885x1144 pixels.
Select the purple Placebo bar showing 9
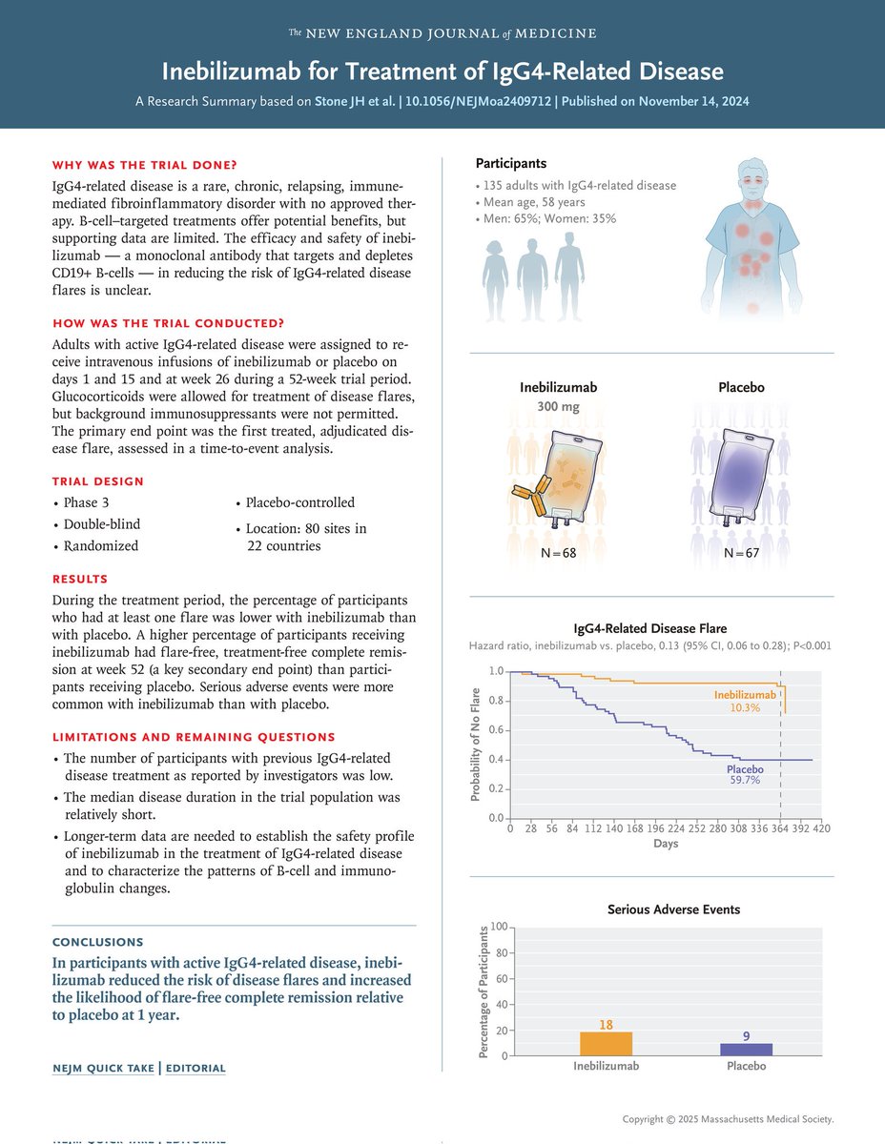[746, 1049]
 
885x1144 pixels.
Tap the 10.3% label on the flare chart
[745, 708]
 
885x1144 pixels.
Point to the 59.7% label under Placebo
[746, 779]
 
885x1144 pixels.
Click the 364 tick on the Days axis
[781, 829]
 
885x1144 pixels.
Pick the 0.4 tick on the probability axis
[496, 760]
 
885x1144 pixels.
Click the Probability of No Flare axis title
[474, 745]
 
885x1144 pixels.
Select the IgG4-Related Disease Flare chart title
[649, 628]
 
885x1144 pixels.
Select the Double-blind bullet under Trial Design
[101, 524]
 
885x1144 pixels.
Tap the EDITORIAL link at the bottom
[196, 1069]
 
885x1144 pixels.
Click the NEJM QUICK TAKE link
[102, 1069]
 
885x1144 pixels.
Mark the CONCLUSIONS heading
[98, 942]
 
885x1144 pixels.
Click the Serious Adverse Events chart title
[673, 909]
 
